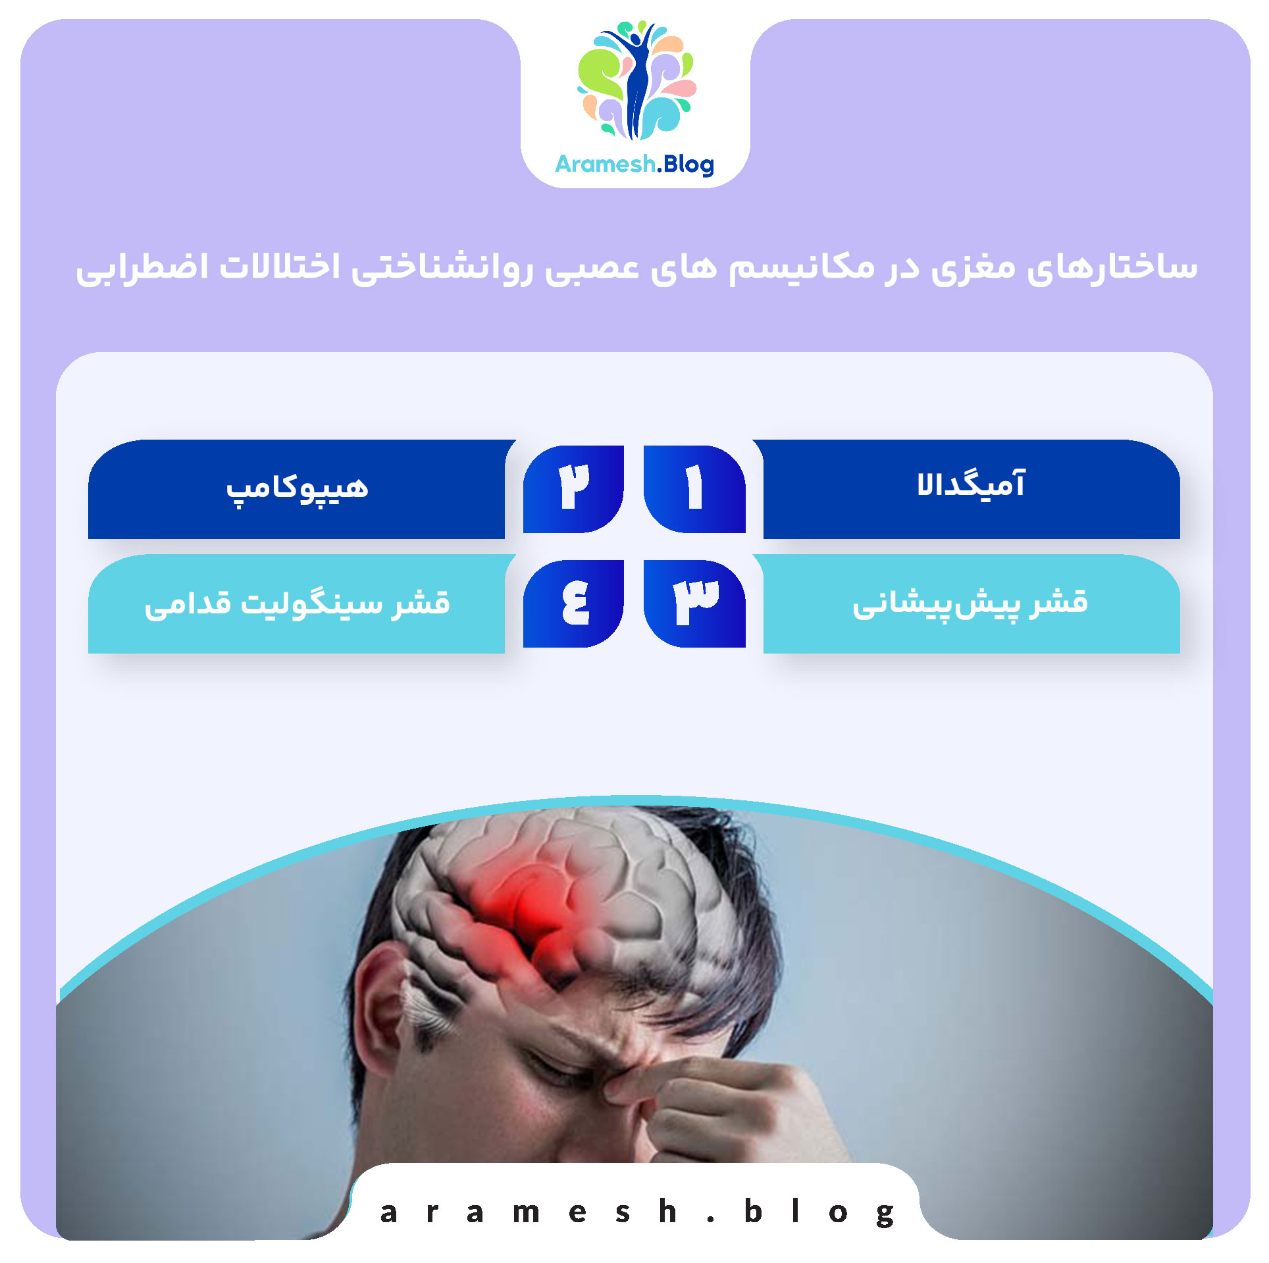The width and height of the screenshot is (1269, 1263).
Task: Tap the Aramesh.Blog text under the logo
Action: point(634,164)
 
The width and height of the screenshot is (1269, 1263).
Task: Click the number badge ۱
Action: point(694,488)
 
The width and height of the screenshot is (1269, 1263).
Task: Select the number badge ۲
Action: point(573,488)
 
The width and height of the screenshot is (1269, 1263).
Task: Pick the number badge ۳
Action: point(694,603)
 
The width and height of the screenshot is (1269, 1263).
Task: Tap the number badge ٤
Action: point(573,603)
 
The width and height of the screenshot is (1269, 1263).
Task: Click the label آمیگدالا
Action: point(971,486)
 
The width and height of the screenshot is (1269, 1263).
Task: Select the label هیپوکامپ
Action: point(297,488)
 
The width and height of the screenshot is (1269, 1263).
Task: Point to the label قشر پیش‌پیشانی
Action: point(970,603)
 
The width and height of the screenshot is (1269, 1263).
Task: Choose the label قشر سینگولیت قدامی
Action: point(297,604)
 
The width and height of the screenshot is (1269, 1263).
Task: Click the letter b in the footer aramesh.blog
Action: point(753,1212)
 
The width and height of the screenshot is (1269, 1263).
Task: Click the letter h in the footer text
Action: point(667,1211)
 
